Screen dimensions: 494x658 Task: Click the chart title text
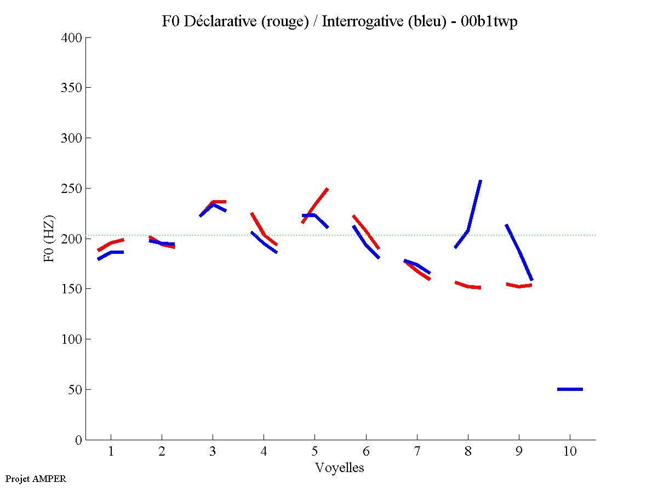point(340,22)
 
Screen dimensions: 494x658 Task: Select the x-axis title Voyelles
point(340,468)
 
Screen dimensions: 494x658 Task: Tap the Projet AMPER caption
point(36,479)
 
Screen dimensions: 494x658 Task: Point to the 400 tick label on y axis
point(72,38)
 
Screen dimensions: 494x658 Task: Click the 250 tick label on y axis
point(72,189)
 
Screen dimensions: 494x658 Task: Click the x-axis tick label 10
point(570,452)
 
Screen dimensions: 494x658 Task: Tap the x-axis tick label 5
point(314,452)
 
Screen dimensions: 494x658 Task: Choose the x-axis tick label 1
point(111,452)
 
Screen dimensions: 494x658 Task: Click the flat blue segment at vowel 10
point(570,389)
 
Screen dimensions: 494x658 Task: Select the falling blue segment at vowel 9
point(519,252)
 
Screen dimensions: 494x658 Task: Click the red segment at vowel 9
point(519,286)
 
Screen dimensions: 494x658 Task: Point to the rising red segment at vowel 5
point(315,206)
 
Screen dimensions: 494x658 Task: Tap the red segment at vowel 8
point(468,286)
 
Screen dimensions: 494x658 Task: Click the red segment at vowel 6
point(366,231)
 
